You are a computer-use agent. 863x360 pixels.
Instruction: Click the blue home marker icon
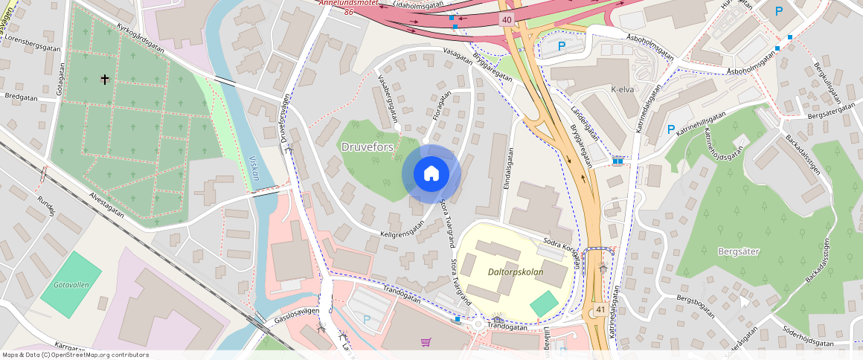(431, 174)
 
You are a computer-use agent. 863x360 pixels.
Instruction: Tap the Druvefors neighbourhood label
(367, 147)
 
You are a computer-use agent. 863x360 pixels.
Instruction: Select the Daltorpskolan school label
(516, 271)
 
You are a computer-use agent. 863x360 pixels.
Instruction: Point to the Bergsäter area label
(738, 251)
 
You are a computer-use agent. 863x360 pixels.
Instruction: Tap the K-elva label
(622, 90)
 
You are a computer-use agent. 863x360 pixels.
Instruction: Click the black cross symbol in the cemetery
(105, 78)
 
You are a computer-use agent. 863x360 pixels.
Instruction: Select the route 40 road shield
(507, 19)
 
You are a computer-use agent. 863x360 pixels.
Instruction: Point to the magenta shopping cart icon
(426, 342)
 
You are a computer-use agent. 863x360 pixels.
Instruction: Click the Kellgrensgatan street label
(402, 228)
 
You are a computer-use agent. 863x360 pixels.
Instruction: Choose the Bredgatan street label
(21, 97)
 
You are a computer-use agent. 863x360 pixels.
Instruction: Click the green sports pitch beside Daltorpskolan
(544, 303)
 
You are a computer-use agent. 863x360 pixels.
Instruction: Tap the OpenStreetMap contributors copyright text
(76, 355)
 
